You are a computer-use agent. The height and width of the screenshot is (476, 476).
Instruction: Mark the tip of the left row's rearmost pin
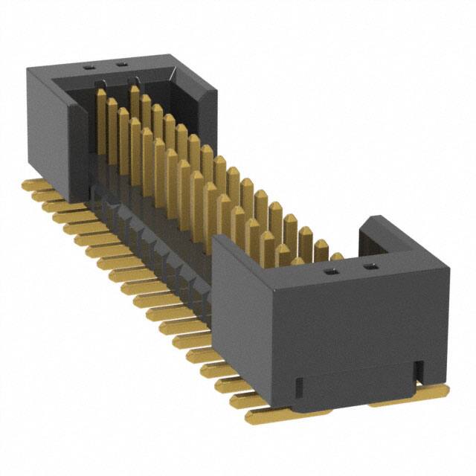(x=100, y=94)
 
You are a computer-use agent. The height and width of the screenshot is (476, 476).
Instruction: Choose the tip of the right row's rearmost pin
(x=134, y=90)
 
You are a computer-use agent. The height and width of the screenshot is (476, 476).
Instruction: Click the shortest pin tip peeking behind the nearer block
(x=336, y=257)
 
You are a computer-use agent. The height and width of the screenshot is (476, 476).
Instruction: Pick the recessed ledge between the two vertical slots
(x=357, y=390)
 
